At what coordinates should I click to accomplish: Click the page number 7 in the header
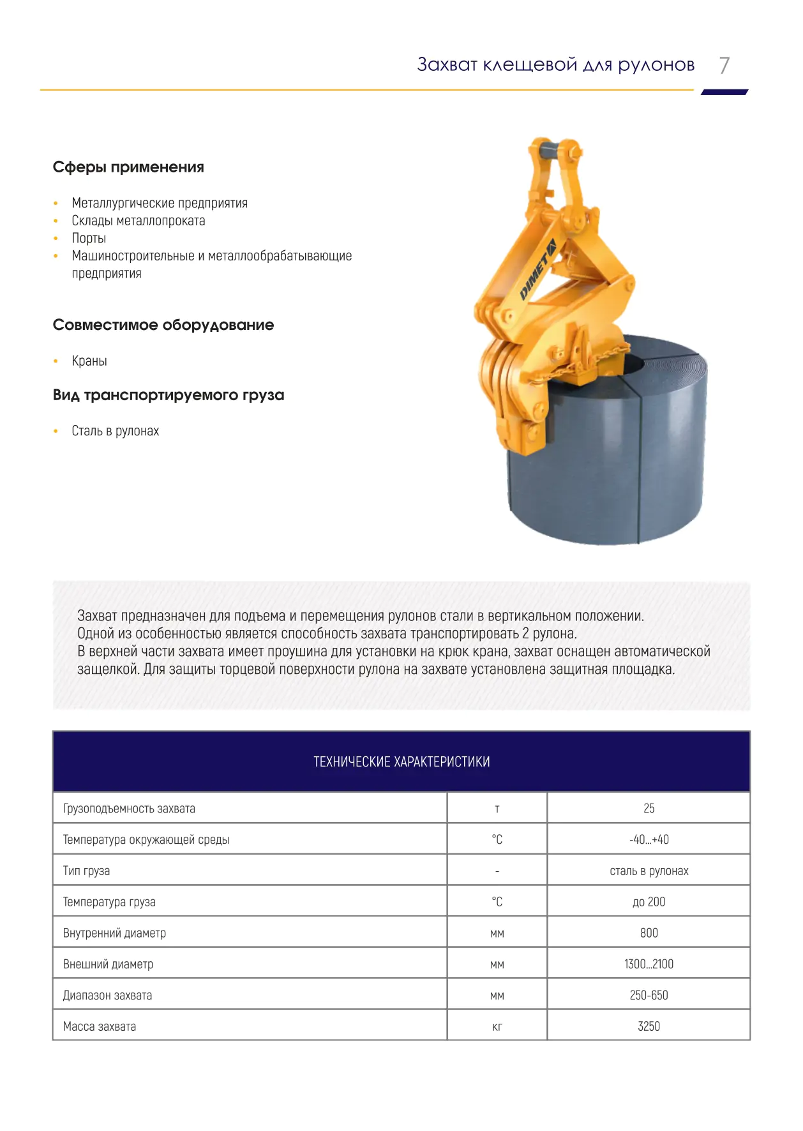click(x=724, y=65)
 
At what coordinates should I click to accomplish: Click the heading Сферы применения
click(x=128, y=167)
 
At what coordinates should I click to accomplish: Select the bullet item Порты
click(x=89, y=238)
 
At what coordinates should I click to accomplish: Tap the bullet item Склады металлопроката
click(x=138, y=221)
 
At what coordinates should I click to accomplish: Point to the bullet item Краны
click(x=89, y=361)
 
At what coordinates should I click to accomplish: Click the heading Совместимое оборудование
click(x=163, y=325)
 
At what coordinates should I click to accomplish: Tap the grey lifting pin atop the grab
click(x=553, y=153)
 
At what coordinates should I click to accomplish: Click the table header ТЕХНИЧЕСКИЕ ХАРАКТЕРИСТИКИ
click(x=401, y=761)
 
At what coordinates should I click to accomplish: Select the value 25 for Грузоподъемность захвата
click(x=649, y=808)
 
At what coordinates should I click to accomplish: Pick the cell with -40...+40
click(x=649, y=839)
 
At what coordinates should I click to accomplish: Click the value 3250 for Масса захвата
click(x=649, y=1026)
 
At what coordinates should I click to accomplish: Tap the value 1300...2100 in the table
click(x=649, y=964)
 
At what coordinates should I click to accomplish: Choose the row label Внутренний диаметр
click(x=114, y=933)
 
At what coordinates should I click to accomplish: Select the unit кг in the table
click(x=497, y=1026)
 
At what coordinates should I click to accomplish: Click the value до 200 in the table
click(x=649, y=902)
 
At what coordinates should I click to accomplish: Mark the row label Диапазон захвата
click(x=107, y=995)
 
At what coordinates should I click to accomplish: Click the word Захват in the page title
click(x=447, y=64)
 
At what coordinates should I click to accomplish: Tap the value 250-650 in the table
click(x=649, y=995)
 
